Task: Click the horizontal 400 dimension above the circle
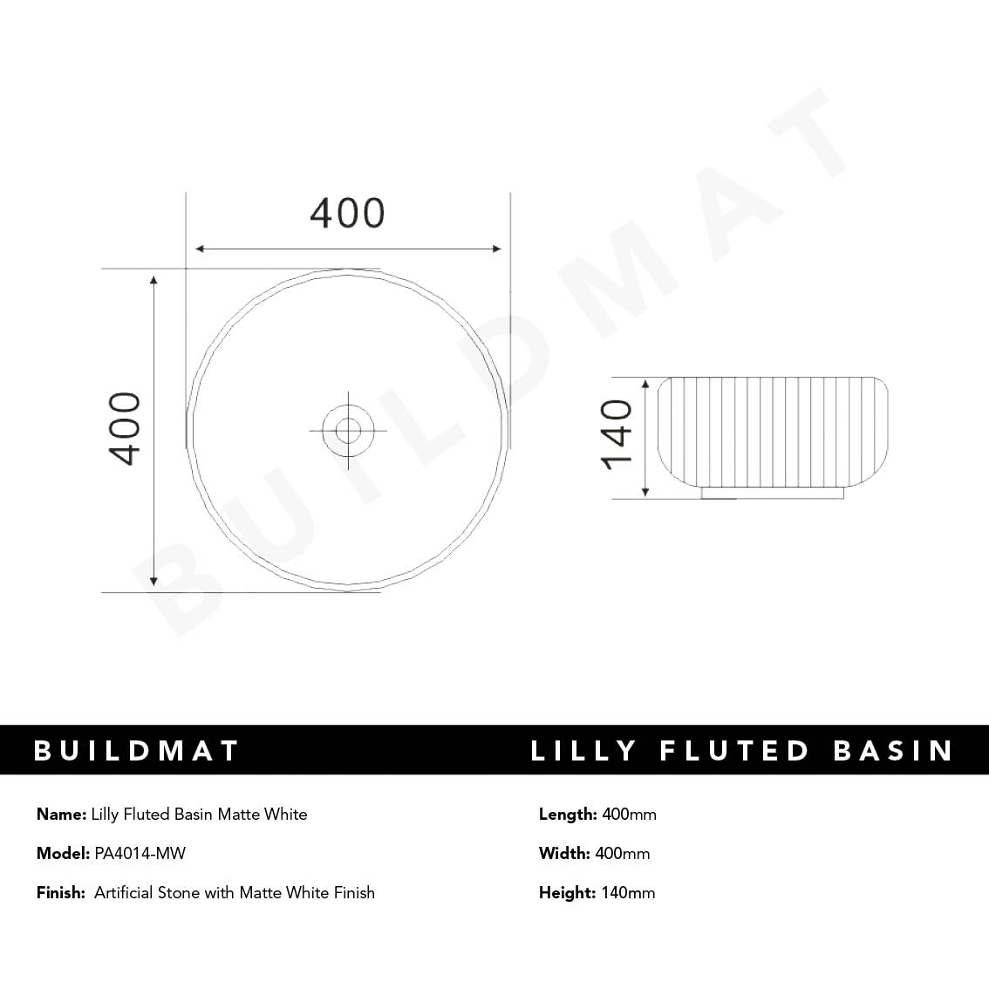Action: [x=347, y=214]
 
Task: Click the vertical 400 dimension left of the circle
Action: [x=125, y=428]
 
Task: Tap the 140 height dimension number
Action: [x=617, y=434]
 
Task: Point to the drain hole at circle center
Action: [x=348, y=429]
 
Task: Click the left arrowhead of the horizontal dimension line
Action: [x=200, y=249]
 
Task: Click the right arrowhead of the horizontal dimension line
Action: [x=497, y=249]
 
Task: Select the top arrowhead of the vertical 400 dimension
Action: [x=154, y=281]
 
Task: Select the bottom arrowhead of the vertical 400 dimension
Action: [x=154, y=581]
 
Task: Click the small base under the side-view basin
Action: [x=773, y=494]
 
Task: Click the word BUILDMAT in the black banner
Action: [x=136, y=751]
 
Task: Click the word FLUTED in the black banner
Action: [x=735, y=751]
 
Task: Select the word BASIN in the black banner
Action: [x=893, y=751]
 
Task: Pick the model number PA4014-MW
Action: [x=140, y=853]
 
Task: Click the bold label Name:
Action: [x=61, y=814]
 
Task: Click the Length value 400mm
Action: [x=629, y=814]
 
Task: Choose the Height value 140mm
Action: [x=628, y=892]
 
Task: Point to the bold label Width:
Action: [x=564, y=853]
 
